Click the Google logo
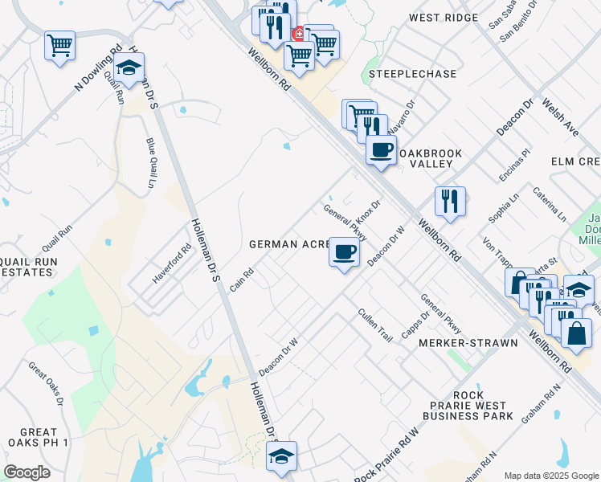point(27,472)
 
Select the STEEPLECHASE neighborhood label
point(413,74)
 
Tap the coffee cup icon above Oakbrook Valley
point(382,149)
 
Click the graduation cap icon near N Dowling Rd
point(128,70)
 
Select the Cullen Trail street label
point(374,325)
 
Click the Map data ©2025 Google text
point(550,475)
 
